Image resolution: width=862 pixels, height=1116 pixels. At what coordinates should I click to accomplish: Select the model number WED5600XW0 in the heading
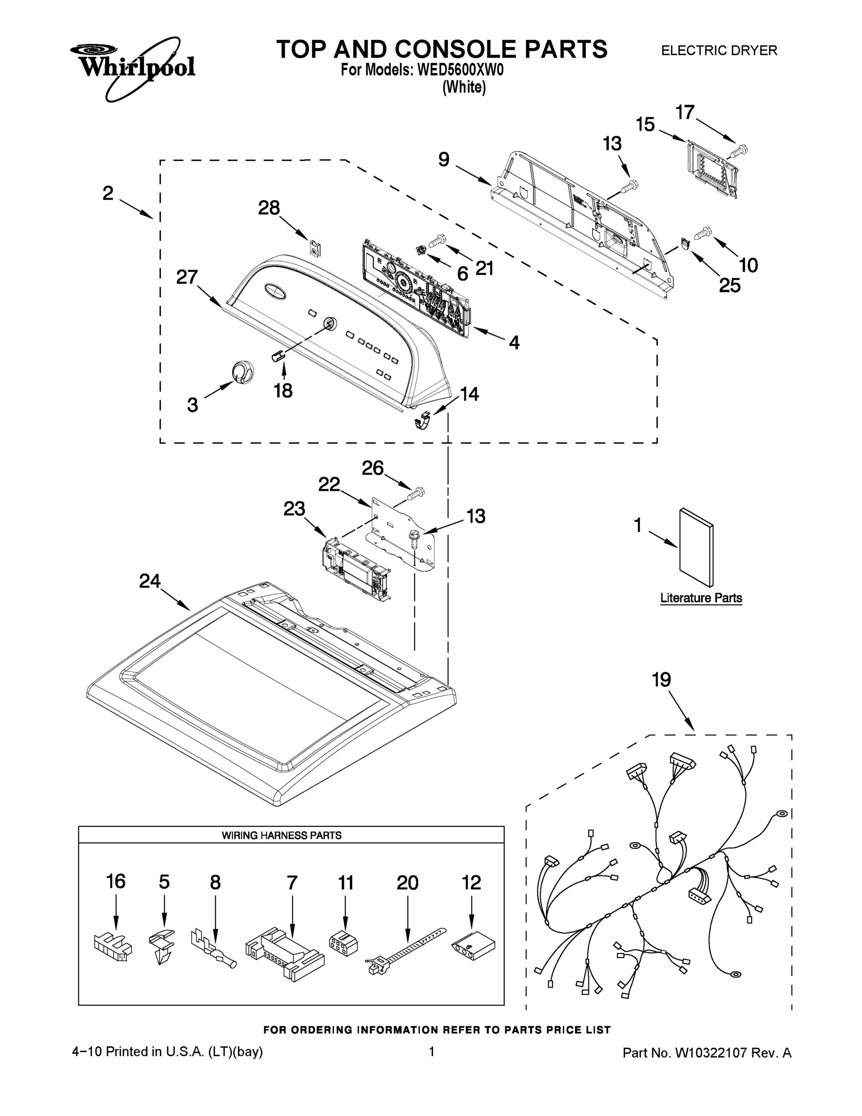coord(460,70)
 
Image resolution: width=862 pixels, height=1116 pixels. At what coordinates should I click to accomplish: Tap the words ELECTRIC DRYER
coord(718,51)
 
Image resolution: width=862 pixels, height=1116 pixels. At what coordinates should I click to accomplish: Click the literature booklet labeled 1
coord(696,547)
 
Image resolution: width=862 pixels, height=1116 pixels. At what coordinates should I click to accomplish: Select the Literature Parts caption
coord(701,598)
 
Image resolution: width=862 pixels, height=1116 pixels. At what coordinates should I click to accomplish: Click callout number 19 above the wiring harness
coord(661,680)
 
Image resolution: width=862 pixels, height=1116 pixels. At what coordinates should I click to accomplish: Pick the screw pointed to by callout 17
coord(739,151)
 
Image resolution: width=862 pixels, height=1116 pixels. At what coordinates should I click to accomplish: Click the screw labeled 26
coord(416,494)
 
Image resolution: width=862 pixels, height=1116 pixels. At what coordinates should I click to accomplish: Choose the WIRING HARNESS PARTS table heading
coord(282,836)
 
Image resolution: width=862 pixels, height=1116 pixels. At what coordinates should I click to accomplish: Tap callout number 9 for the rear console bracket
coord(444,159)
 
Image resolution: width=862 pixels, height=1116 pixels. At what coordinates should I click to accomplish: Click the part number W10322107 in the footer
coord(711,1052)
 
